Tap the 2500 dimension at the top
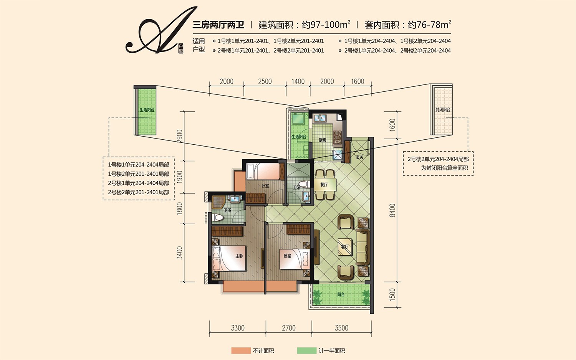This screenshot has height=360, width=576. [x=265, y=81]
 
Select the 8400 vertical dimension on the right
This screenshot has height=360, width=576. [x=392, y=210]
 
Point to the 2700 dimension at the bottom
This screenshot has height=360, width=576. [x=288, y=328]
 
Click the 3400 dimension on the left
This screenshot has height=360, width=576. [x=179, y=253]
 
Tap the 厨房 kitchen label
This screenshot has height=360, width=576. [x=323, y=140]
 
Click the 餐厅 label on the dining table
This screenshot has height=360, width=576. [x=324, y=185]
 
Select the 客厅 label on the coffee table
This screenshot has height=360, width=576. [x=344, y=247]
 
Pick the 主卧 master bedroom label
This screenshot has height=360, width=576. [x=239, y=256]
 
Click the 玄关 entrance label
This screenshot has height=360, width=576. [x=359, y=157]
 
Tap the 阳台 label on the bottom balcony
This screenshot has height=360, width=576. [x=341, y=294]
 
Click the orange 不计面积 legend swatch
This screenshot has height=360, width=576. [x=241, y=350]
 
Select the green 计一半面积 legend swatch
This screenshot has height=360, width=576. [x=307, y=350]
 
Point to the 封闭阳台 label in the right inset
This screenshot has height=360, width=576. [x=443, y=109]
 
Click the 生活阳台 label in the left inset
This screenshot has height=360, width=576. [x=147, y=110]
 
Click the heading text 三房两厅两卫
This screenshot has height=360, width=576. [x=218, y=25]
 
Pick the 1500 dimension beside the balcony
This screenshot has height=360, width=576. [x=392, y=294]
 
